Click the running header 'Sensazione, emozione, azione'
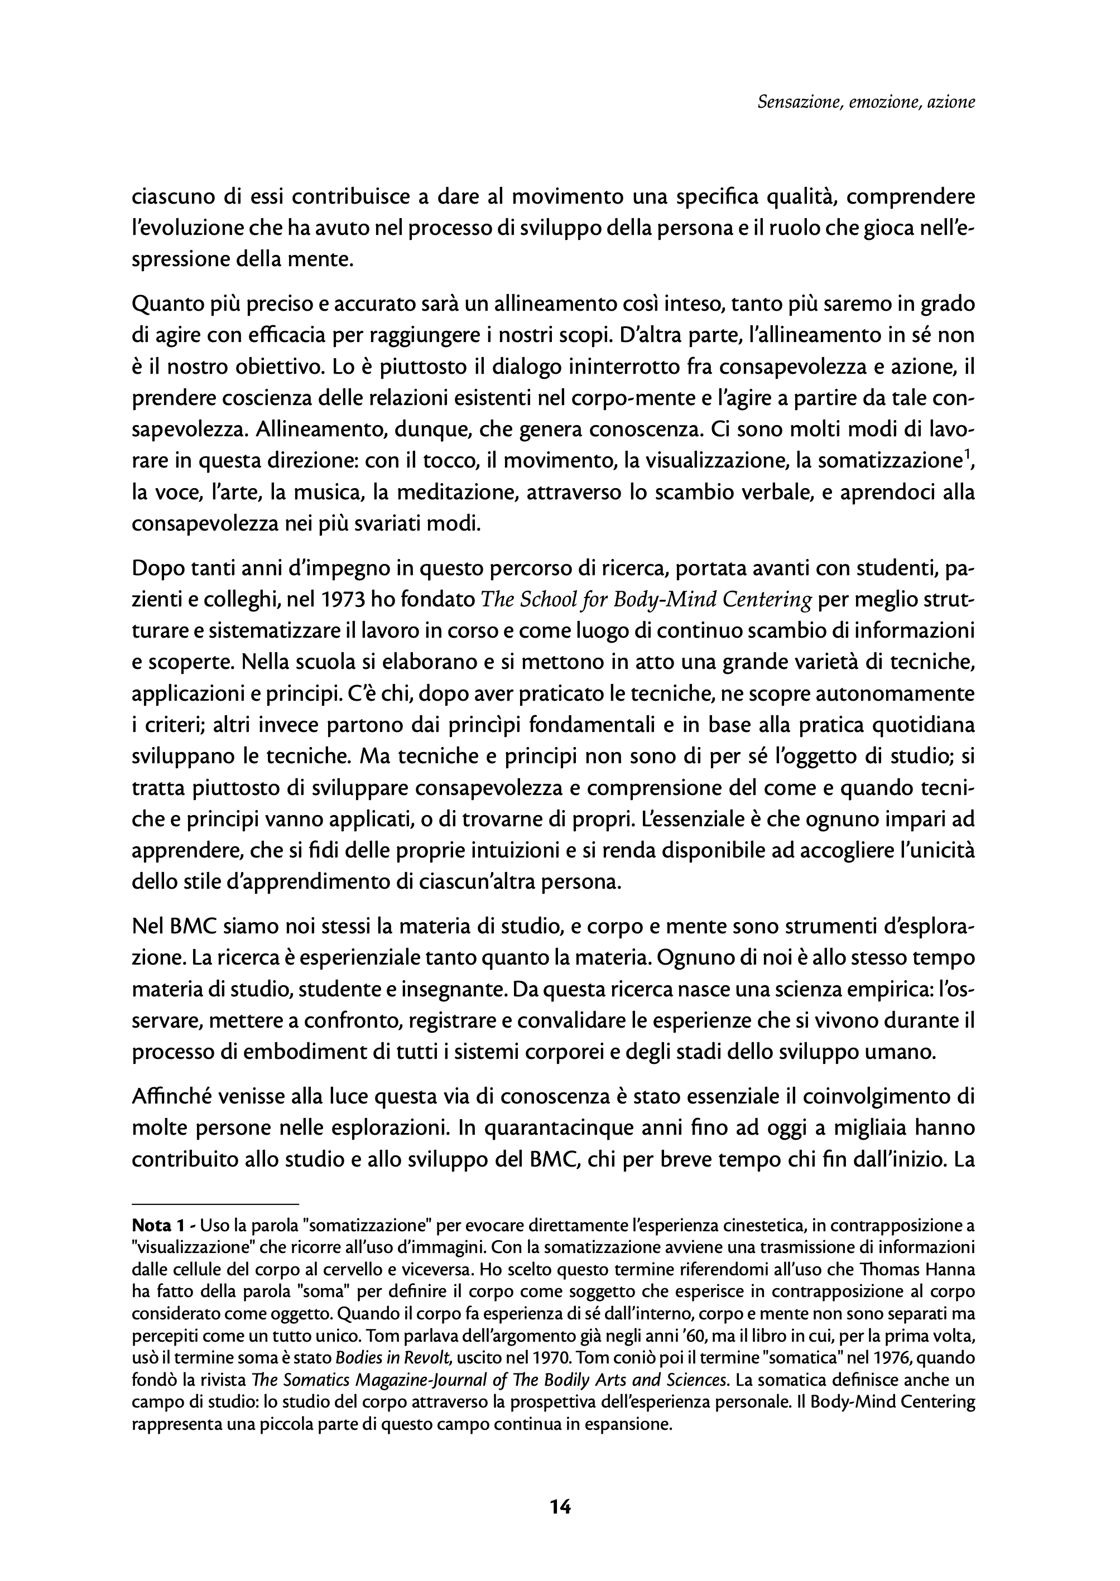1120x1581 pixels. point(866,103)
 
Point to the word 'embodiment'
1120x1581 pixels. point(328,1053)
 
